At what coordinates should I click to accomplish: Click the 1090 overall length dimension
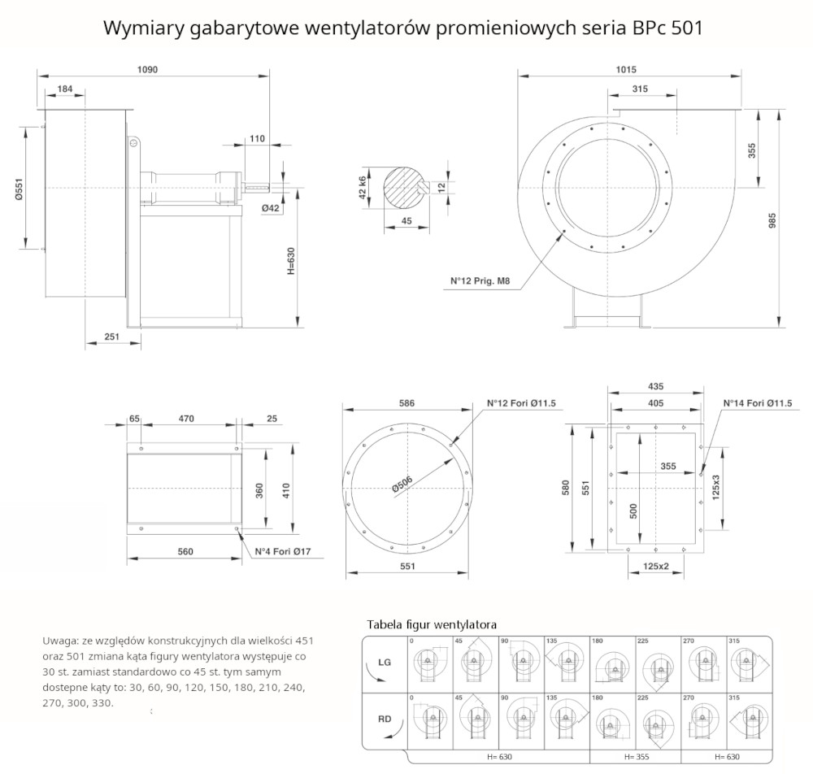click(147, 70)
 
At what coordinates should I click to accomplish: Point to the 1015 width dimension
click(626, 70)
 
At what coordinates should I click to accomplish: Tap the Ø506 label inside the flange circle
click(404, 482)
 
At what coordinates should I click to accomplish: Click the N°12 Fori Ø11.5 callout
click(520, 403)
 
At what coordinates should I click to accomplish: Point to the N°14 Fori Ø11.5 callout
click(758, 403)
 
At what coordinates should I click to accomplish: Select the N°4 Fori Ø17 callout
click(283, 552)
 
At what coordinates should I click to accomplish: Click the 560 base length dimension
click(185, 552)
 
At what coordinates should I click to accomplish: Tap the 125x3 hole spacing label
click(715, 485)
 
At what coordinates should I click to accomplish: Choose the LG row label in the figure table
click(385, 663)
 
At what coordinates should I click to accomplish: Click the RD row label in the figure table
click(385, 719)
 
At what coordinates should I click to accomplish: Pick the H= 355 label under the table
click(637, 757)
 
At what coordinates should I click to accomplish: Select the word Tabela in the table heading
click(385, 624)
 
